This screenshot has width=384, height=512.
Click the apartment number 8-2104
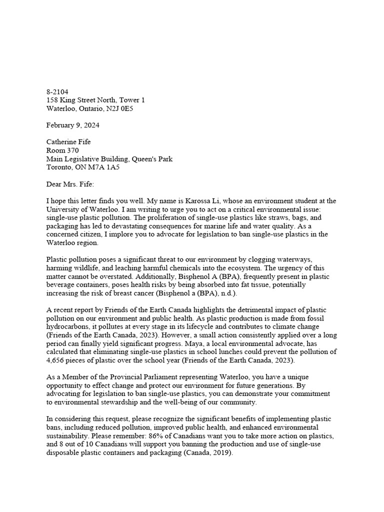pos(57,92)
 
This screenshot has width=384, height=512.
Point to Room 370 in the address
pos(62,150)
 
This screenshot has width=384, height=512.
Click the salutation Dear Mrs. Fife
pos(73,184)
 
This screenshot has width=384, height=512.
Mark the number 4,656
pos(57,359)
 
